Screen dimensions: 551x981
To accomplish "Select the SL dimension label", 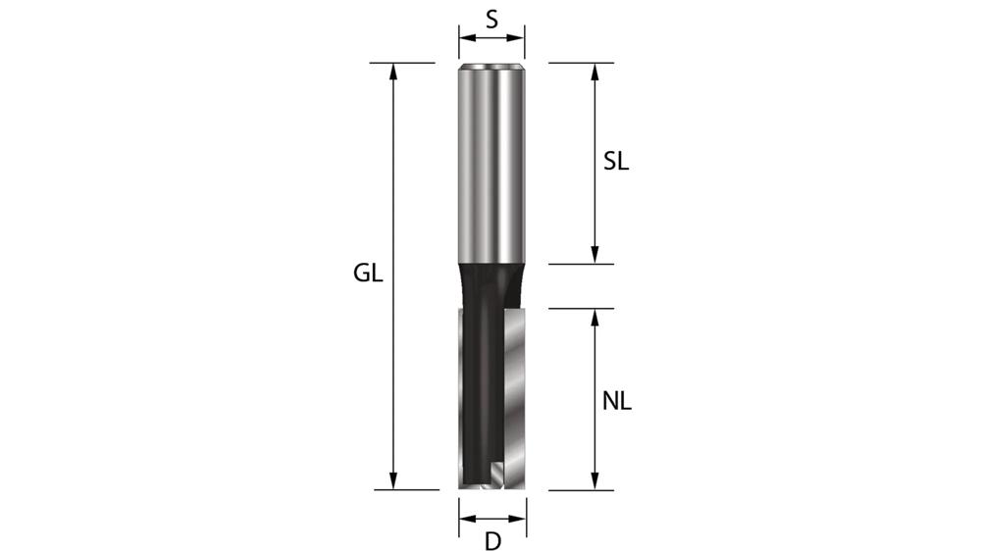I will tap(615, 163).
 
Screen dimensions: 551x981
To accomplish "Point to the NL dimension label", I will tap(616, 400).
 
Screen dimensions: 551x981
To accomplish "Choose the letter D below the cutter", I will tap(492, 541).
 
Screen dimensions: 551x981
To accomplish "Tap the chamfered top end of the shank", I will tap(491, 67).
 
